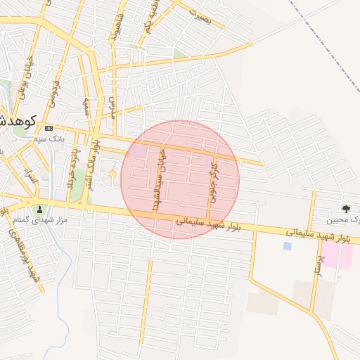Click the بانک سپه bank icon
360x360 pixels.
point(49,129)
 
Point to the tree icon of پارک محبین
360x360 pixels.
point(345,208)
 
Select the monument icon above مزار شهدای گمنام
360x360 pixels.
point(39,209)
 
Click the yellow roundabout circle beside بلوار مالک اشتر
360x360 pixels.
point(112,173)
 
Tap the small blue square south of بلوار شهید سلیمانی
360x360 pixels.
point(286,246)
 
